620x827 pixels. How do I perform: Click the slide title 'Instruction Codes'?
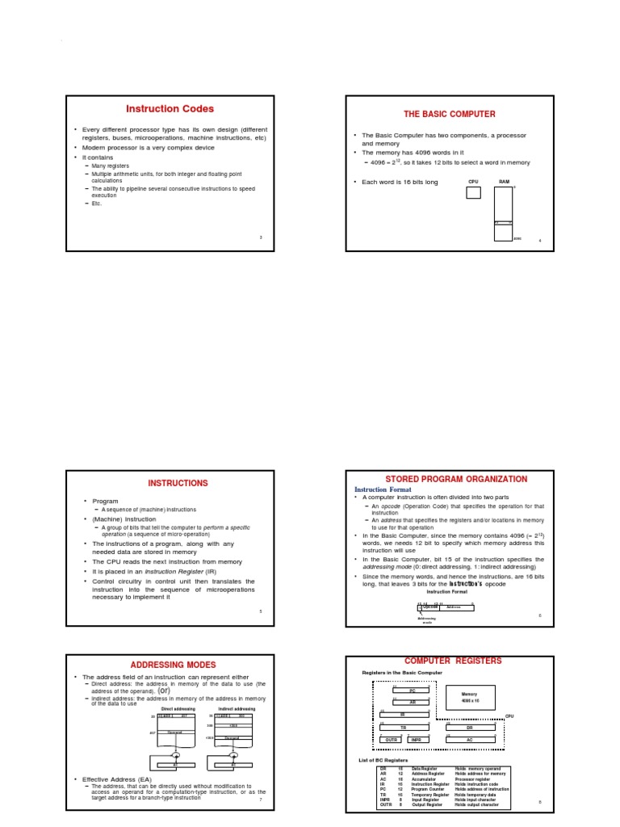point(170,109)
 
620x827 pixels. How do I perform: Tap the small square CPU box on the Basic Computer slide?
point(473,192)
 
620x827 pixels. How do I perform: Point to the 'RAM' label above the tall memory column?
point(504,183)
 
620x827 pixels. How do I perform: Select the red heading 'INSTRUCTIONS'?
point(178,483)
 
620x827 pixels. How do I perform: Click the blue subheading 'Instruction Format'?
point(383,489)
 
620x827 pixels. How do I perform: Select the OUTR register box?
point(391,739)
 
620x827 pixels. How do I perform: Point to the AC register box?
point(469,739)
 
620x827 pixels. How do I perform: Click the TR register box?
point(403,727)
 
